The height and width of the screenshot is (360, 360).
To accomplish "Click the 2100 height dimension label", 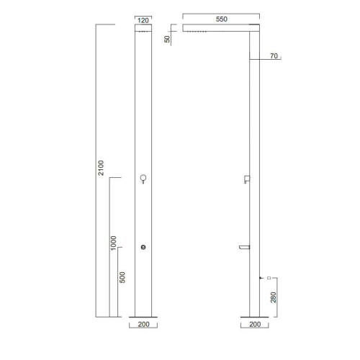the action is (x=101, y=168).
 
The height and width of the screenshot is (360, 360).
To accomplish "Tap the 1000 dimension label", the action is (x=113, y=243).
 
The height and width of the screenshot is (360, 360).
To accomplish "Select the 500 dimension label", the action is (x=122, y=277).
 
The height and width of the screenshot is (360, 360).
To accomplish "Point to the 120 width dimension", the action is (x=143, y=20).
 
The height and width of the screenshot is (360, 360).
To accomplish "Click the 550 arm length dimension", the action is (x=221, y=19).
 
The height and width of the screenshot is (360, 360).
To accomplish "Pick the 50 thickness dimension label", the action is (x=167, y=39).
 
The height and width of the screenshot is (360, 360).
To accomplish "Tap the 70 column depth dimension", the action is (x=274, y=55).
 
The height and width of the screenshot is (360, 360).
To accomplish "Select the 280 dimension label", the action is (x=274, y=297).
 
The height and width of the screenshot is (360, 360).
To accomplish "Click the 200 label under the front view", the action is (x=143, y=324).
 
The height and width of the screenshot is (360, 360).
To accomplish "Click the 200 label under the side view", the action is (x=255, y=324).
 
